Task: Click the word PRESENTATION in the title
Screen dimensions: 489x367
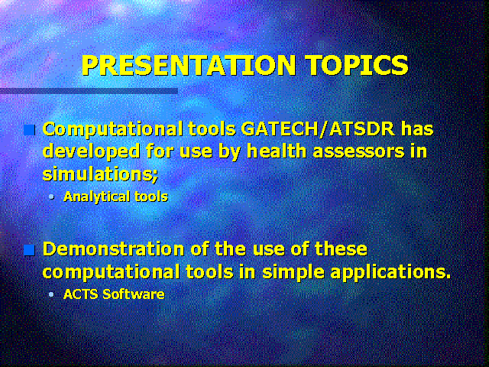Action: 189,65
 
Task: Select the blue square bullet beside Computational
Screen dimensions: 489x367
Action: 29,130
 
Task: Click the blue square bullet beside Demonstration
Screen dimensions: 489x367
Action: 29,250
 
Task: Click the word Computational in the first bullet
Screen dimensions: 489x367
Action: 112,130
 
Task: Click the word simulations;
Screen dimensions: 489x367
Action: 100,174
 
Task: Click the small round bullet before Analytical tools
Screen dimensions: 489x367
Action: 51,197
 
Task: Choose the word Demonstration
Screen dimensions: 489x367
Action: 114,249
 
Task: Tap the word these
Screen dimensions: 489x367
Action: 341,249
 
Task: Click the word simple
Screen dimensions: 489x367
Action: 293,273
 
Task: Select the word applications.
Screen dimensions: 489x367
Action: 390,273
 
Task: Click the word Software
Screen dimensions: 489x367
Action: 134,294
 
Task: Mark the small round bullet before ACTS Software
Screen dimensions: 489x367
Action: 51,294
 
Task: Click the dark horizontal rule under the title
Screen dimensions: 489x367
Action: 89,91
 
